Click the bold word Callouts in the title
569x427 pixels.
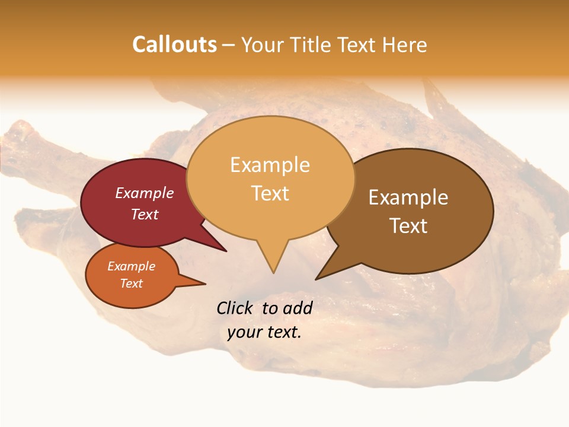174,44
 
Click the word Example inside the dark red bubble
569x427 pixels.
145,193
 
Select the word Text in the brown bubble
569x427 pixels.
408,226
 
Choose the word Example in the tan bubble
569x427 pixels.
270,165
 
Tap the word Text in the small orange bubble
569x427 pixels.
132,283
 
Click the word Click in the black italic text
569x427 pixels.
235,308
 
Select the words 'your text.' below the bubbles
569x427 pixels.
264,332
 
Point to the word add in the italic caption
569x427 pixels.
298,308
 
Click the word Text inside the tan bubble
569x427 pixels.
270,193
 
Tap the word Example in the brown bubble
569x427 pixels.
408,197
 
